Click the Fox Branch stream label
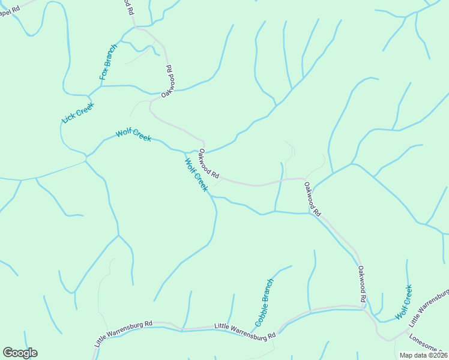(109, 62)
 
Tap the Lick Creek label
(78, 112)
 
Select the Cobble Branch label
(264, 302)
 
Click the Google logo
(20, 353)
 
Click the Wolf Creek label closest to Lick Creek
(133, 134)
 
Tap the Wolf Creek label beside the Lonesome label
(404, 302)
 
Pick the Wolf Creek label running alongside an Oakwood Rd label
(196, 175)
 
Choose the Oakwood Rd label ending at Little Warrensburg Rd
(361, 284)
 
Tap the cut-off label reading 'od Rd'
(128, 7)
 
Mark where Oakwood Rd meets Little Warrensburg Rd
(365, 308)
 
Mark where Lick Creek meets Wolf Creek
(86, 157)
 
